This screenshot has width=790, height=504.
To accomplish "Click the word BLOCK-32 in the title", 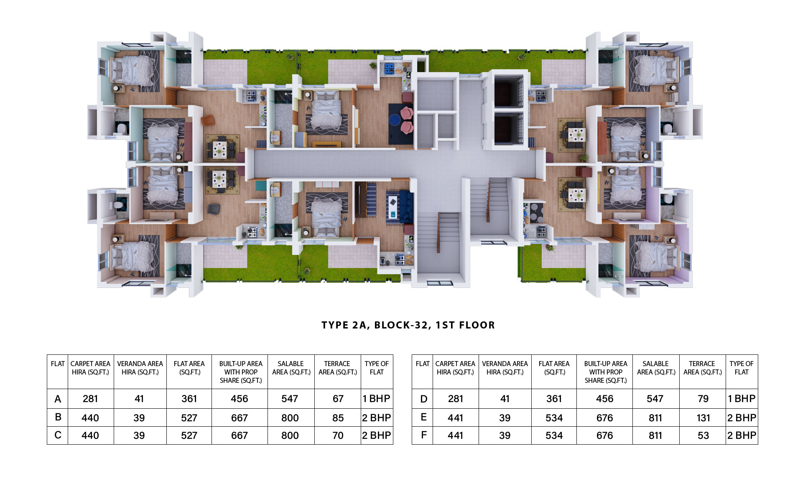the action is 401,325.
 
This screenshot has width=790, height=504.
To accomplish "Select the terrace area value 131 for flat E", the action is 703,418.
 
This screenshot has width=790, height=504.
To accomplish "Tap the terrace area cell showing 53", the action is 703,435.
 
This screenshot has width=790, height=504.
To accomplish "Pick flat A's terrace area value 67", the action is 338,399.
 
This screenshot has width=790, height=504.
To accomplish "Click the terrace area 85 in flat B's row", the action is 338,418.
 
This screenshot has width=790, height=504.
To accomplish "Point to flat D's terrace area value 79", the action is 703,399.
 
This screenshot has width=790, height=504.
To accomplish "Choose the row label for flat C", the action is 58,435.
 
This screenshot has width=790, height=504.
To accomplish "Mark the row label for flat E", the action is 423,417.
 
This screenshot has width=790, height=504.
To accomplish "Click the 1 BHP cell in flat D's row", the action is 742,399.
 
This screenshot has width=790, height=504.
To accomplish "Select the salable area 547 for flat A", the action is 290,399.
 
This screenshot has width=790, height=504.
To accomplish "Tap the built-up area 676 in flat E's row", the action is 604,418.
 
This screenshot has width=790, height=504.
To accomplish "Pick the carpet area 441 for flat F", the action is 455,435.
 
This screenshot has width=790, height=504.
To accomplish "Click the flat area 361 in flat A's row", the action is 189,399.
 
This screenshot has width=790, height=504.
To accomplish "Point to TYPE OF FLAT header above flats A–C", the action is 377,368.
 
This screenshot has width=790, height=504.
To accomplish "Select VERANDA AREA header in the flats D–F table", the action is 505,368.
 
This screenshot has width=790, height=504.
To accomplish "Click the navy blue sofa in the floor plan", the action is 406,206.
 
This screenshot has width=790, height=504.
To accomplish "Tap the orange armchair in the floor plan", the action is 208,120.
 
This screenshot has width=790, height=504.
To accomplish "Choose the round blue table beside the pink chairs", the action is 394,120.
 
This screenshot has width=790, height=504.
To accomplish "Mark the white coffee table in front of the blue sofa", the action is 393,206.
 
